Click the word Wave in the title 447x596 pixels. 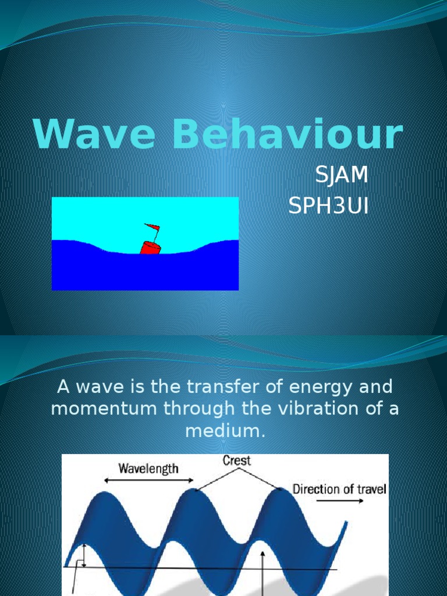[x=93, y=134]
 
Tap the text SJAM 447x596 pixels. [x=341, y=175]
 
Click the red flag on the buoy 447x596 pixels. [x=152, y=227]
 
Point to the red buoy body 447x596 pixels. [x=150, y=247]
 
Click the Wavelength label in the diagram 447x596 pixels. [x=148, y=468]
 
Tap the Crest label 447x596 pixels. [x=236, y=460]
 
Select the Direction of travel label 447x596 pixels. [x=339, y=489]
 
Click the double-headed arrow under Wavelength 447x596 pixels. [x=148, y=481]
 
